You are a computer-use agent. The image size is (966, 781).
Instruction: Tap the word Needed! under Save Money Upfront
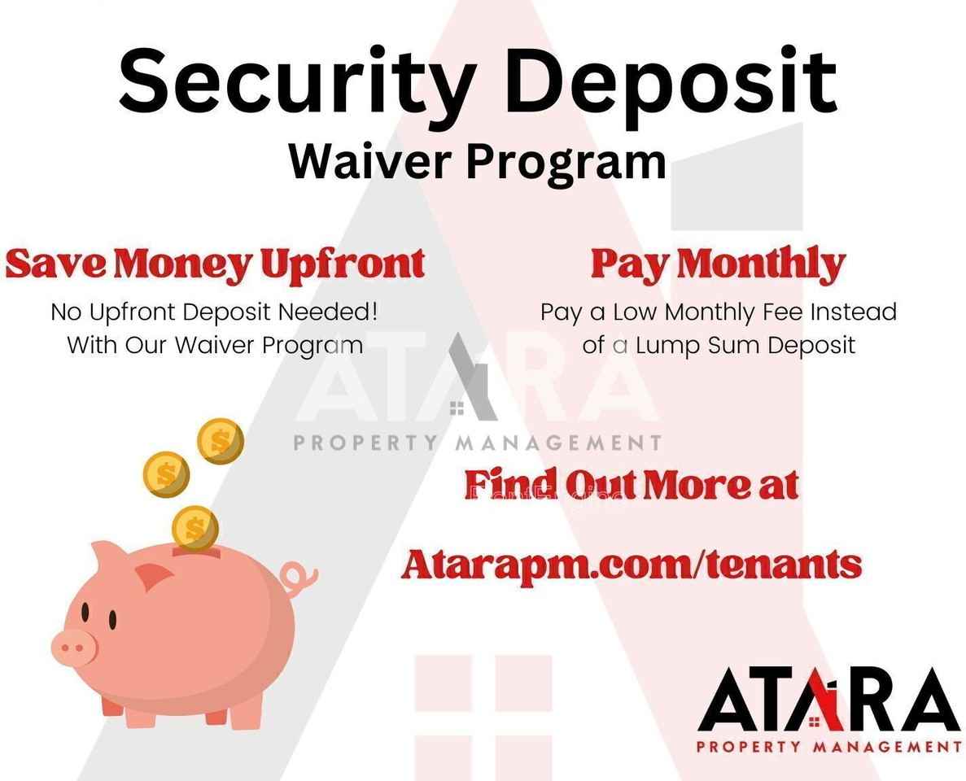(x=327, y=312)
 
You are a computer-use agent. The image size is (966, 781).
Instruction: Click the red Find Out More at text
(x=632, y=485)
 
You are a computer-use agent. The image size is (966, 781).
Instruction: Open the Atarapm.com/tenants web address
(x=632, y=565)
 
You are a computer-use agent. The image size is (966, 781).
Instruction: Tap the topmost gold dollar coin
(x=221, y=441)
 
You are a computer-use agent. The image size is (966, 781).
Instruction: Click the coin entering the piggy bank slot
(x=195, y=528)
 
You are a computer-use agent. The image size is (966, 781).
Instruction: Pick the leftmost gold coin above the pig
(x=166, y=475)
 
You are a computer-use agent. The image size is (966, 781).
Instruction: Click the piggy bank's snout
(x=74, y=648)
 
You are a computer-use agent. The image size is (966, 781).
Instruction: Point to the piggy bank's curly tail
(x=299, y=577)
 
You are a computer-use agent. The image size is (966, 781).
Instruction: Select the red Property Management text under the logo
(x=829, y=747)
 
